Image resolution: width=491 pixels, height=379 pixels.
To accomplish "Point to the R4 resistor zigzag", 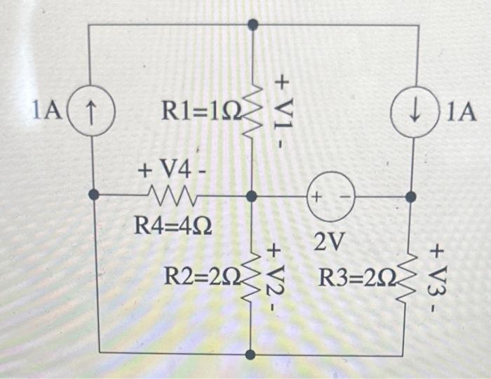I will (170, 194).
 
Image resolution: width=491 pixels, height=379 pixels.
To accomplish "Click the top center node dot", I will (253, 25).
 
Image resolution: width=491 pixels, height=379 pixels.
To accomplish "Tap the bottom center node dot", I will (252, 354).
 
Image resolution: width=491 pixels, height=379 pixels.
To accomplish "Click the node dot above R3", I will (411, 197).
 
